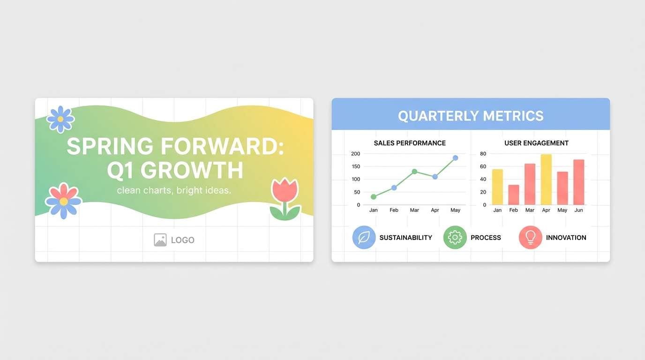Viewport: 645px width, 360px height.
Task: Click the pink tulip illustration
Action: pyautogui.click(x=285, y=198)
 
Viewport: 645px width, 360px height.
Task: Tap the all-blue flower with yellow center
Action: pyautogui.click(x=60, y=119)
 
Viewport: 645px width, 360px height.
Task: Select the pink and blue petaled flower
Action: pyautogui.click(x=63, y=201)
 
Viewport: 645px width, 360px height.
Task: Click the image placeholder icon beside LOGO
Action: pyautogui.click(x=160, y=240)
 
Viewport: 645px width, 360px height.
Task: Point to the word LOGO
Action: pyautogui.click(x=182, y=240)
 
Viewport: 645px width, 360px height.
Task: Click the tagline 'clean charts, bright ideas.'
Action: pyautogui.click(x=174, y=191)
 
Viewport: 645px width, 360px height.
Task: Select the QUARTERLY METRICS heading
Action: pyautogui.click(x=471, y=116)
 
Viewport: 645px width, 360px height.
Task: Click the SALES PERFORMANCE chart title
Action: pyautogui.click(x=410, y=143)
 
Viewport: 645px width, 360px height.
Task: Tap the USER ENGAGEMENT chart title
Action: pyautogui.click(x=536, y=143)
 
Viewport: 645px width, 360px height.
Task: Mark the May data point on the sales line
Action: pyautogui.click(x=455, y=158)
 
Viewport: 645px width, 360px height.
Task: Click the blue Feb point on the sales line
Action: pyautogui.click(x=394, y=187)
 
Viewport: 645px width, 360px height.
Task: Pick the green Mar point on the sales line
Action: pyautogui.click(x=414, y=172)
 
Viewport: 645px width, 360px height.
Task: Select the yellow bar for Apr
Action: pyautogui.click(x=546, y=180)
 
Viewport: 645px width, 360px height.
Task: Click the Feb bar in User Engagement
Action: pyautogui.click(x=514, y=195)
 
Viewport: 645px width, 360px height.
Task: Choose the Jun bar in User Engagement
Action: pyautogui.click(x=578, y=182)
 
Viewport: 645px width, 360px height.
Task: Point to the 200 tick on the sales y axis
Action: pyautogui.click(x=355, y=154)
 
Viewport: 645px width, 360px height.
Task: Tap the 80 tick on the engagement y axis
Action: pyautogui.click(x=483, y=154)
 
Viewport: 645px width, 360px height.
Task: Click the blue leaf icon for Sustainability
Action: pyautogui.click(x=364, y=238)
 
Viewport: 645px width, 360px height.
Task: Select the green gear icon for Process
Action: pyautogui.click(x=455, y=238)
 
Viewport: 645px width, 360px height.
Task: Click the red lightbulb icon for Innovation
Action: pyautogui.click(x=530, y=238)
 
